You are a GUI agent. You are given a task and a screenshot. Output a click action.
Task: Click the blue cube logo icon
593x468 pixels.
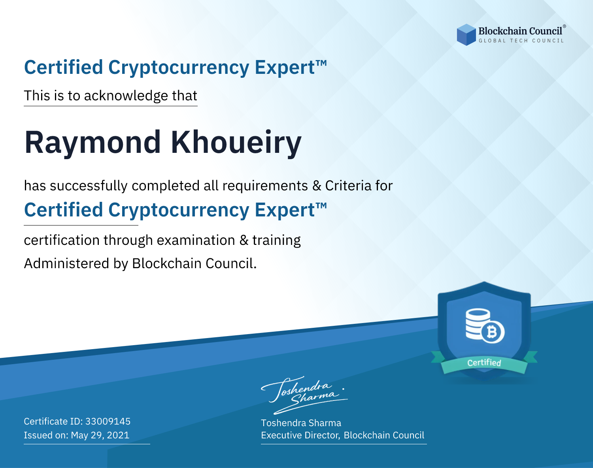pos(466,35)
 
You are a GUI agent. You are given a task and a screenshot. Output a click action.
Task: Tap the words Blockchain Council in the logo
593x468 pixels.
pos(520,31)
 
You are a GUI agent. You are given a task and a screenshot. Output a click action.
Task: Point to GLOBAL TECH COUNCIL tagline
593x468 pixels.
pos(521,41)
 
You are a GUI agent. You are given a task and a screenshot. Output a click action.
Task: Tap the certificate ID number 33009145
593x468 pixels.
pos(108,421)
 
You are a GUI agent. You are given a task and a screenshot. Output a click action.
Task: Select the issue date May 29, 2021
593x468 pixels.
pos(100,435)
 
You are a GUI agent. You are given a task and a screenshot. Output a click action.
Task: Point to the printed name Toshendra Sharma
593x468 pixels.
pos(301,423)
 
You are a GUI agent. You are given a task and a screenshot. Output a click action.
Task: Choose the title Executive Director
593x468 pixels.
pos(300,435)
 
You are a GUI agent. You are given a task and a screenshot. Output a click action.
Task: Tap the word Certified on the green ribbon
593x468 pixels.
pos(484,363)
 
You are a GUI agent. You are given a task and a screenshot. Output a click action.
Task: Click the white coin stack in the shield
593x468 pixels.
pos(478,324)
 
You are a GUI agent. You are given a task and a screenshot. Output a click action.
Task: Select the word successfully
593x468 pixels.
pos(89,186)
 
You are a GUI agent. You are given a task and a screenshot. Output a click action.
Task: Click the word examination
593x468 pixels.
pos(196,240)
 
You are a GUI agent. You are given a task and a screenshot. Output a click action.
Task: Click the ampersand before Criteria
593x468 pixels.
pos(317,186)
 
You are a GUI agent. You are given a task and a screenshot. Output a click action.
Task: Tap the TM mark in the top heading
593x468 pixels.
pos(321,63)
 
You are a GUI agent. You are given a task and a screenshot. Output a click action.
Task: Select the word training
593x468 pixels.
pos(277,241)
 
